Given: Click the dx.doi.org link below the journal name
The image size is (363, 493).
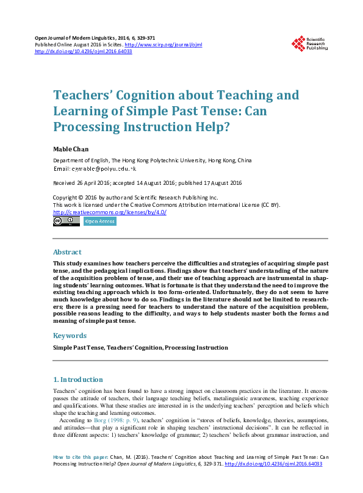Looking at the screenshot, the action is point(84,51).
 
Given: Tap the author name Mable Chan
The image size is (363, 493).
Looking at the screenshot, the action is point(70,149).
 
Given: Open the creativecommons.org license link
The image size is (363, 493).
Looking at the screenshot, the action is point(110,212).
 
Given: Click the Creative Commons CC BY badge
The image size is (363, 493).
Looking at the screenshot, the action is point(66,221).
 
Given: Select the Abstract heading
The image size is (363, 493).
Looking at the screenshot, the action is point(67,252).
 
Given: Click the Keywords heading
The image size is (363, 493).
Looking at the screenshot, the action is point(70,336).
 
